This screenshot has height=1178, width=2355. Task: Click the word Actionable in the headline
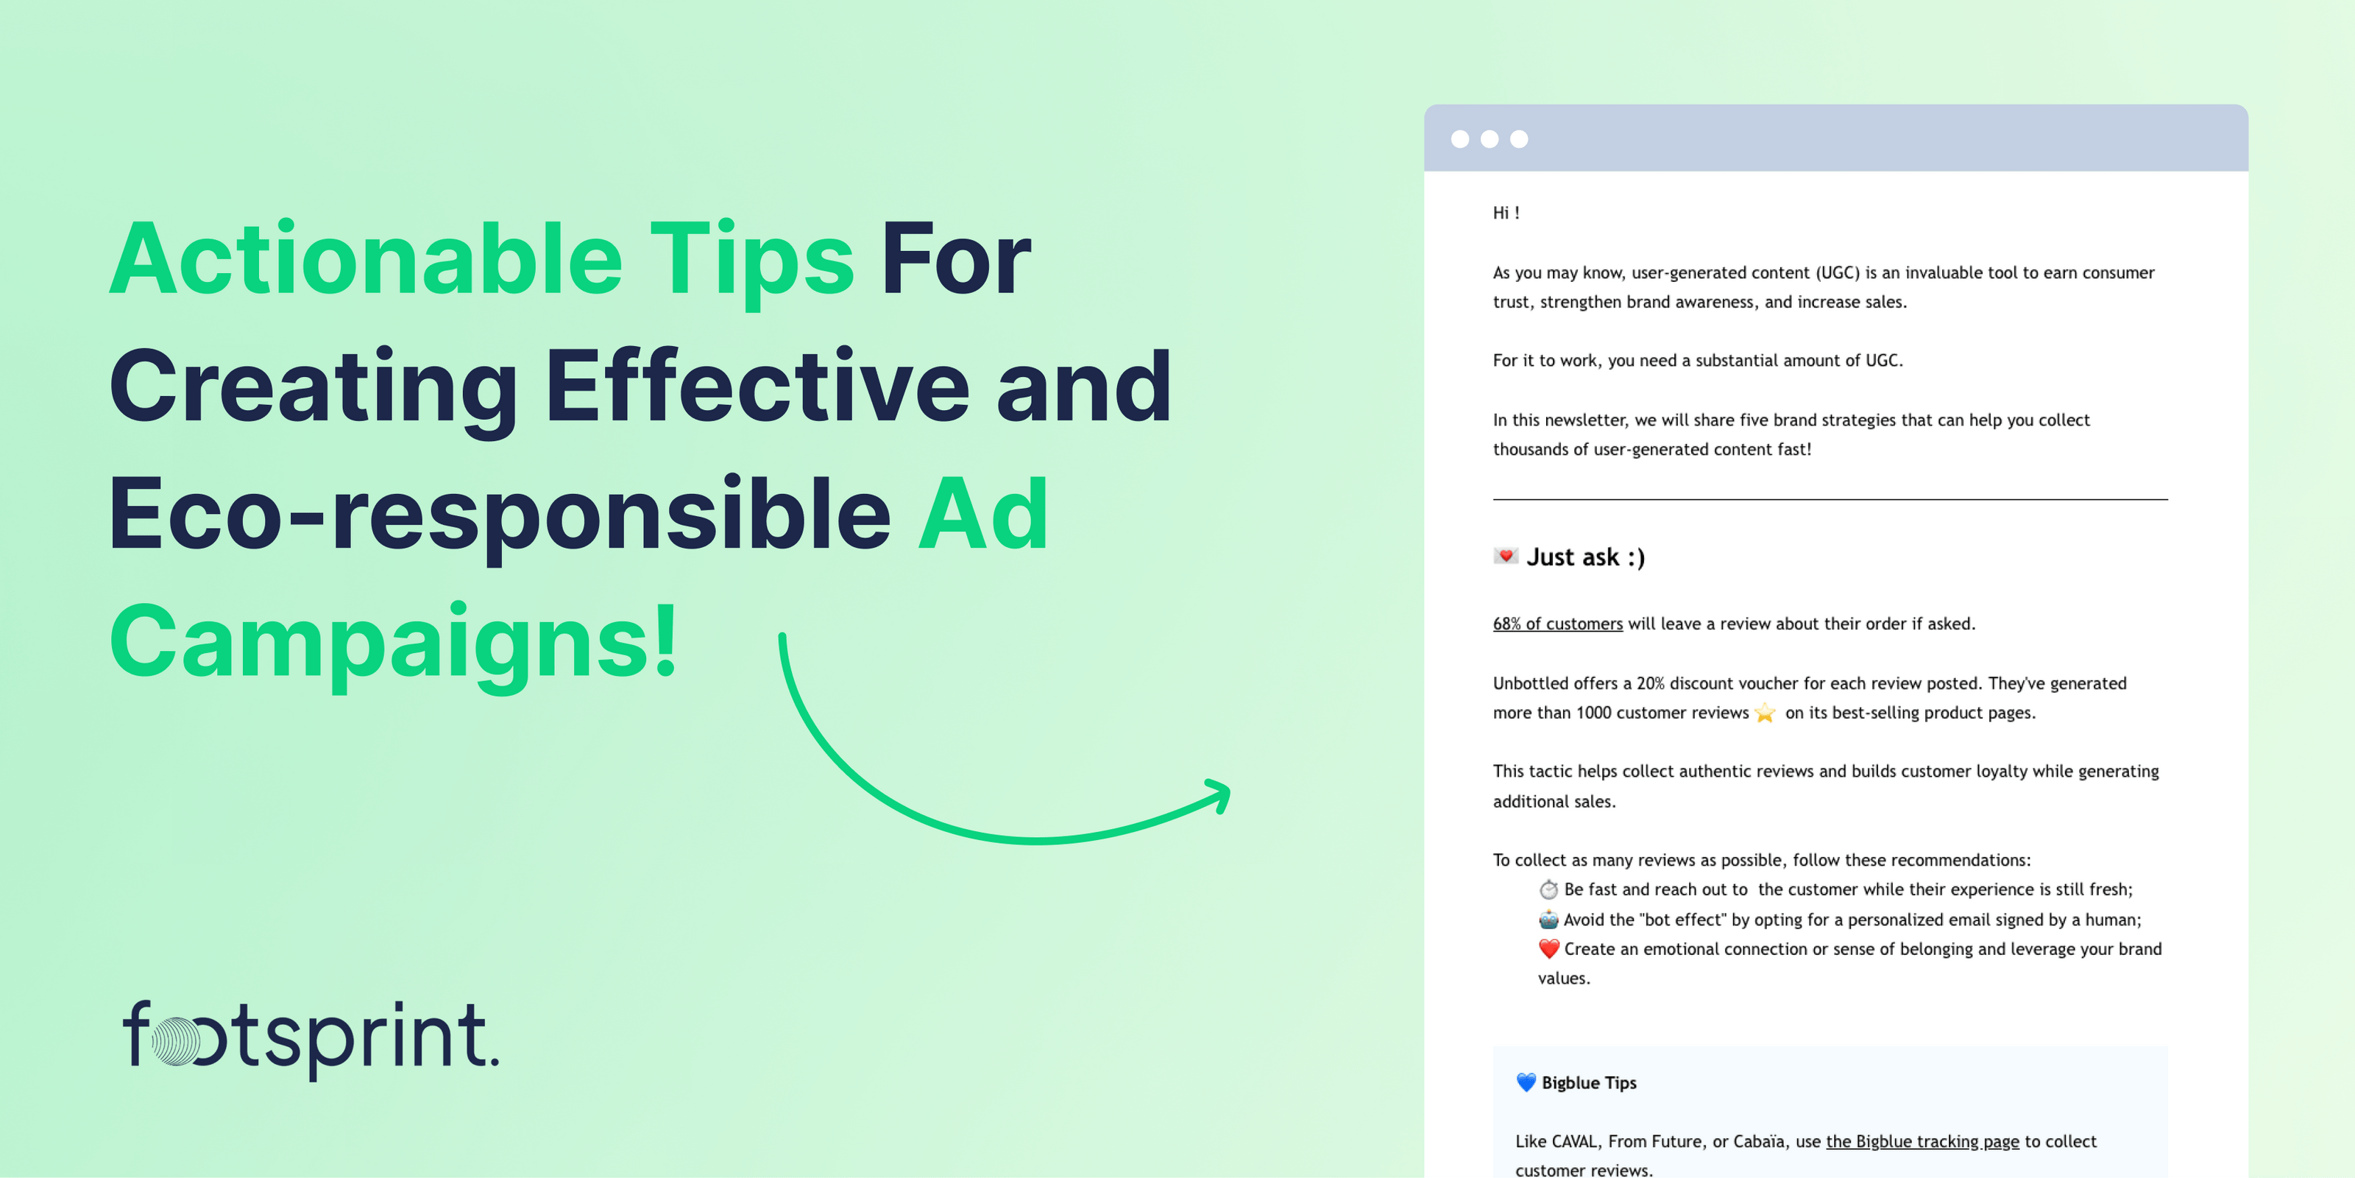pyautogui.click(x=366, y=261)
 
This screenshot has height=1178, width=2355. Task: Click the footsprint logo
pyautogui.click(x=311, y=1038)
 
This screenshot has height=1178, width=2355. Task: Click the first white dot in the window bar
pyautogui.click(x=1460, y=139)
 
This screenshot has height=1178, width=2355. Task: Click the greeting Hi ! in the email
pyautogui.click(x=1506, y=213)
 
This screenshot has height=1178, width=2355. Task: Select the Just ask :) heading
pyautogui.click(x=1585, y=557)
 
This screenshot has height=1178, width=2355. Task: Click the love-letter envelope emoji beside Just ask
pyautogui.click(x=1505, y=556)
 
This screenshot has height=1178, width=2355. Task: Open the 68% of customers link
pyautogui.click(x=1557, y=624)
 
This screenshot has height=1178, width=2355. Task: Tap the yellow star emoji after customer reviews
pyautogui.click(x=1766, y=713)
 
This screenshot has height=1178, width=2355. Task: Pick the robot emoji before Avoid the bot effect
pyautogui.click(x=1548, y=919)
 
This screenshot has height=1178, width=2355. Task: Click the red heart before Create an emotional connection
pyautogui.click(x=1548, y=949)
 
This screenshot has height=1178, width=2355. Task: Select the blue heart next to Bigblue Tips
pyautogui.click(x=1526, y=1083)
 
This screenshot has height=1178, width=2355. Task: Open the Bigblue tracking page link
pyautogui.click(x=1922, y=1141)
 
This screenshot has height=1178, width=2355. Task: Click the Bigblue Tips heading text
pyautogui.click(x=1589, y=1083)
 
